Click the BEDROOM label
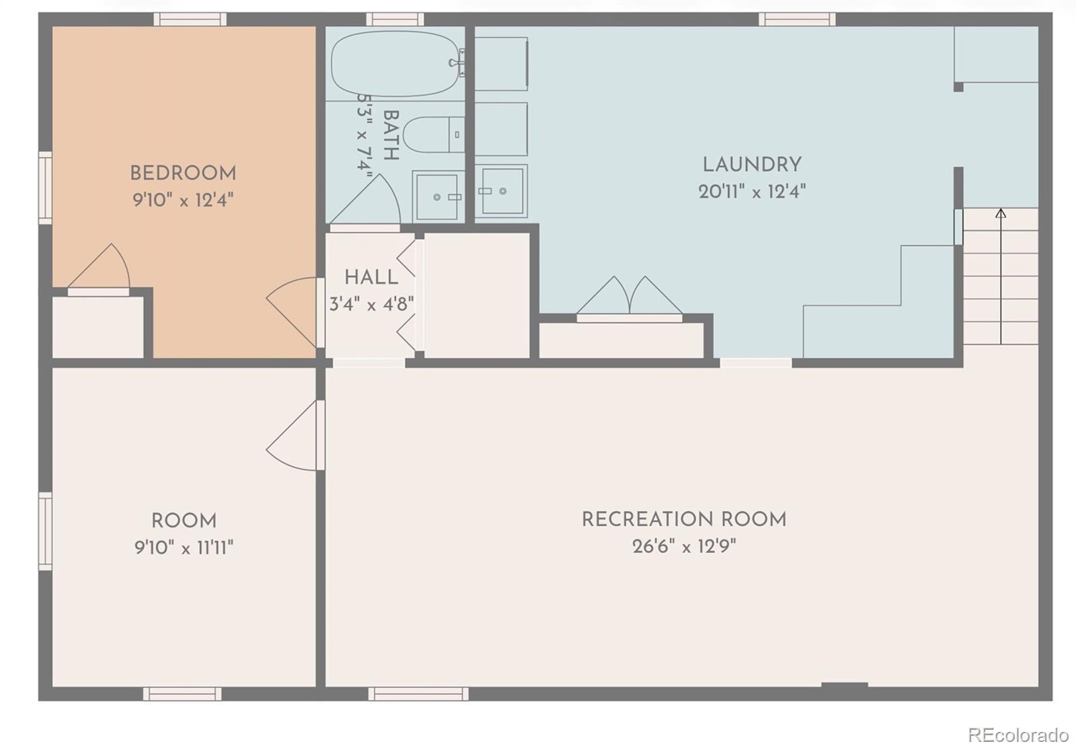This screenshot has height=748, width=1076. [183, 174]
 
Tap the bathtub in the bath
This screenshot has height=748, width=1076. [395, 63]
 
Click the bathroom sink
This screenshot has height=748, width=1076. [438, 196]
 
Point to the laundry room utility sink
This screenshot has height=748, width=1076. [502, 191]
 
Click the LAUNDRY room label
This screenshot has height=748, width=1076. [752, 165]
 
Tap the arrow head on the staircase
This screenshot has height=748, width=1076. [1001, 214]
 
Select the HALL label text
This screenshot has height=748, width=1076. [371, 277]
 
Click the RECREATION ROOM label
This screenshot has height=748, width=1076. [684, 519]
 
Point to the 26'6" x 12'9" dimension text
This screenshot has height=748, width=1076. [684, 546]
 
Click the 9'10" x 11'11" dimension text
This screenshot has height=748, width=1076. [184, 548]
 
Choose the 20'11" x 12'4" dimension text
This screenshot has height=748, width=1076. [752, 192]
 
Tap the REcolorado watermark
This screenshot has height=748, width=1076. [1018, 734]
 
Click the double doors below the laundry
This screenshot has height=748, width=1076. [629, 297]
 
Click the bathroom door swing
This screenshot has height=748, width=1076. [367, 200]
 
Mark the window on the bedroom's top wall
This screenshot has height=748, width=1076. [189, 20]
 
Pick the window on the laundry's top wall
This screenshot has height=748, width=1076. [797, 20]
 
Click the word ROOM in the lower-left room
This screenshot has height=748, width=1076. [184, 521]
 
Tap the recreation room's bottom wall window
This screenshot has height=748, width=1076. [418, 694]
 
